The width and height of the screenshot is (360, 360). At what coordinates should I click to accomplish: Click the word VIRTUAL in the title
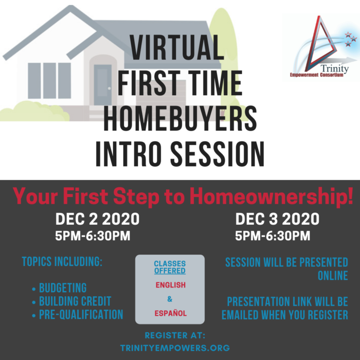[177, 47]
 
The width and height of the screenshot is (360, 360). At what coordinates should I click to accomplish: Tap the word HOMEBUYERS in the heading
[180, 118]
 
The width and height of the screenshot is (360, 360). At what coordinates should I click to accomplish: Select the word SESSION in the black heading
[217, 154]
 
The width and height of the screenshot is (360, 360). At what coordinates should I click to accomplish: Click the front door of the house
[103, 85]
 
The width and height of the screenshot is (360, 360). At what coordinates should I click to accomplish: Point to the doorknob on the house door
[109, 88]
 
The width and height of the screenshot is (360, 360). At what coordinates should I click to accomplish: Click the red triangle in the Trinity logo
[320, 44]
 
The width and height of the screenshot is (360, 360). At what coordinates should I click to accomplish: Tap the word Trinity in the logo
[335, 68]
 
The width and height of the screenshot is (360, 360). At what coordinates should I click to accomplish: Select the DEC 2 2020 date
[97, 219]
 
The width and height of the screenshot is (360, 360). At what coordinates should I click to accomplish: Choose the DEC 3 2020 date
[277, 219]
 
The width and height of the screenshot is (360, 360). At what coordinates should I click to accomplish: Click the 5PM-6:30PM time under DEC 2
[93, 236]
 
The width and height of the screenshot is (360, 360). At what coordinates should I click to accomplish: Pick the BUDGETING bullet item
[63, 287]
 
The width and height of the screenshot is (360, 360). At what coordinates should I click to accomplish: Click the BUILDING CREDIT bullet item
[75, 301]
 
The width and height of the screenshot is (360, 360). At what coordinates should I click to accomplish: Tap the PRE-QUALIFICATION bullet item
[81, 314]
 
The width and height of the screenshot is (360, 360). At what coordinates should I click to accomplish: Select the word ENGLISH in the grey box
[170, 285]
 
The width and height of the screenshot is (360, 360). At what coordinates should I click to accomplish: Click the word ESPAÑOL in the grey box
[170, 313]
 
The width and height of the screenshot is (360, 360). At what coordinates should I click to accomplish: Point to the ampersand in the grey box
[170, 299]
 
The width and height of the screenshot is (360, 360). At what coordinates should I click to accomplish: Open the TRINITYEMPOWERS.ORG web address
[175, 348]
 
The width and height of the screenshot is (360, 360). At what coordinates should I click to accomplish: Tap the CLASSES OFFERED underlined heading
[170, 267]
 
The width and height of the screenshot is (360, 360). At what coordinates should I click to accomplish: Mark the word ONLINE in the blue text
[333, 276]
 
